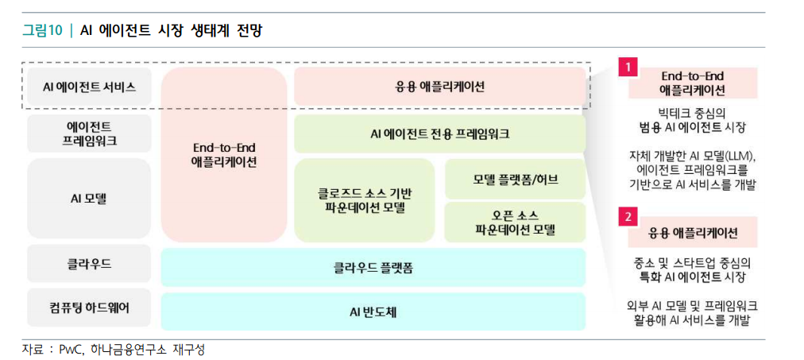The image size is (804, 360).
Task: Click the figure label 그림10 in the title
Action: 41,31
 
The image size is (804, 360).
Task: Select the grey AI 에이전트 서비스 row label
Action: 89,87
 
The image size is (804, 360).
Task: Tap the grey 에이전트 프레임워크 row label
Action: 89,133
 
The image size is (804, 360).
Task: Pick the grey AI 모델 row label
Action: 89,199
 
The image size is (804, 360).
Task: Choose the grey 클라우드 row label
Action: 89,263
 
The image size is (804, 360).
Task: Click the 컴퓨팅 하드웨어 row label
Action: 89,308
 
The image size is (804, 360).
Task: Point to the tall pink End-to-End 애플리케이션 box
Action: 224,153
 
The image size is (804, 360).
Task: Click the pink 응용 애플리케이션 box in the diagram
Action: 439,86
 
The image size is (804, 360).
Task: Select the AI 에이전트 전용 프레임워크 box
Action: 439,134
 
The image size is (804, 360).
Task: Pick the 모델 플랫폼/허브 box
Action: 515,179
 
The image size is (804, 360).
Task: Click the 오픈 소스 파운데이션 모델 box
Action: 515,222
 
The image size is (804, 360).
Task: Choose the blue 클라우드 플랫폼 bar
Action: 373,268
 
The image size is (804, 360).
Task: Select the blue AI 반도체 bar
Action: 373,311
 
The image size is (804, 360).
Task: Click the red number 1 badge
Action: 628,68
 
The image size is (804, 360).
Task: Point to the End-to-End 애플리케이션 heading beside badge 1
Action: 693,83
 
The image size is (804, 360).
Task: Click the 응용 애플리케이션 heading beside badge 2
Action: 693,232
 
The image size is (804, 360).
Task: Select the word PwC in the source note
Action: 70,350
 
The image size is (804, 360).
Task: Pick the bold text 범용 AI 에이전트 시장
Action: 693,127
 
